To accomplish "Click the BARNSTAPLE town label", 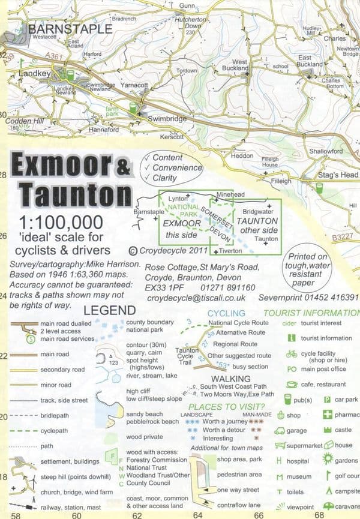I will click(x=70, y=28).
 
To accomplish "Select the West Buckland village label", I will click(x=239, y=65).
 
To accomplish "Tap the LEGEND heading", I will click(x=109, y=310).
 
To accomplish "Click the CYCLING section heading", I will click(x=226, y=313).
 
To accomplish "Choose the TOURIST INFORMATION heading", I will click(x=311, y=313).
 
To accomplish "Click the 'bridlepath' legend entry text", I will click(x=55, y=415).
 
